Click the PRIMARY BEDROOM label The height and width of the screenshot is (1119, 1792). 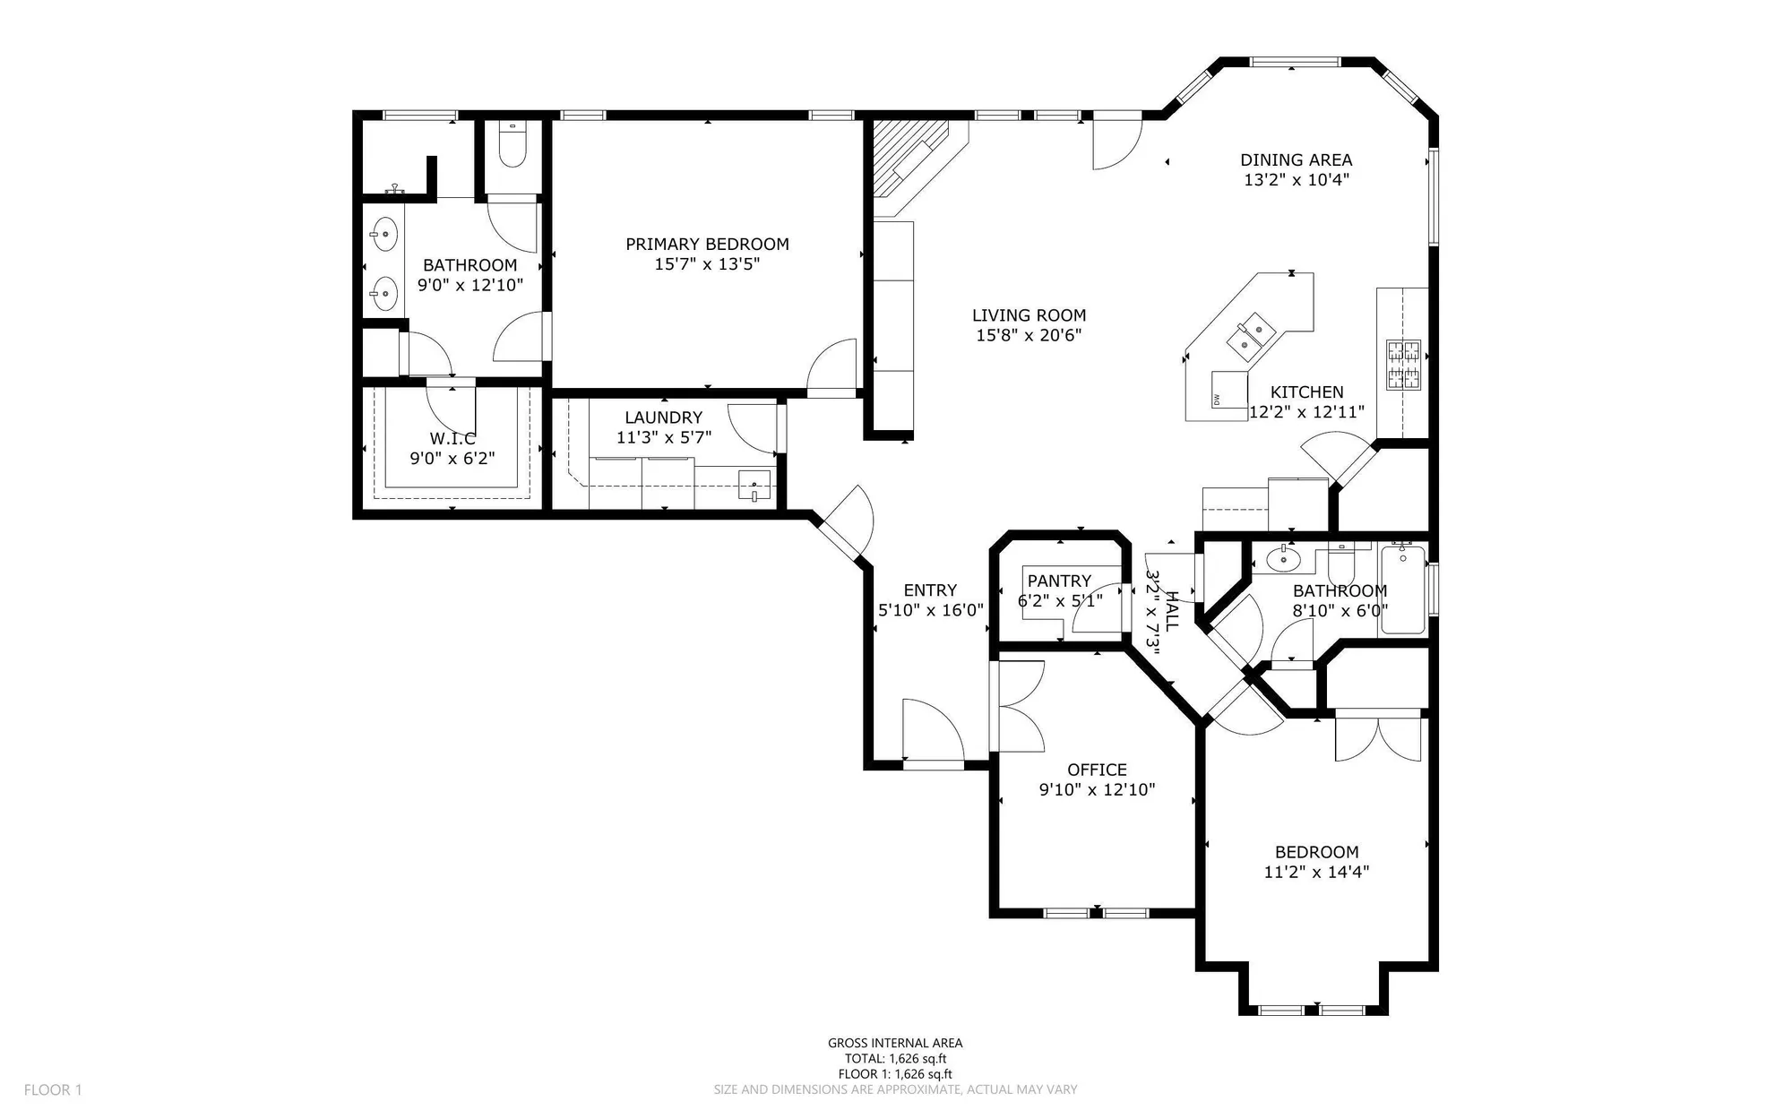[x=707, y=244]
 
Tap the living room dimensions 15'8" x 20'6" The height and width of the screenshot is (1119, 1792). [x=1029, y=335]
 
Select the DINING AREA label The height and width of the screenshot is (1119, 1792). [x=1296, y=159]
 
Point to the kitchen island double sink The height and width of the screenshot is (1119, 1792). [x=1253, y=333]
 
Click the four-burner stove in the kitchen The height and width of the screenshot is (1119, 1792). [x=1403, y=364]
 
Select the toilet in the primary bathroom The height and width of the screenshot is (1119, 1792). [x=512, y=149]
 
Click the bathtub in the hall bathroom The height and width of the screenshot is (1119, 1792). [x=1402, y=590]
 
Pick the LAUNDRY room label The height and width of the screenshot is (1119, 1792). [x=663, y=417]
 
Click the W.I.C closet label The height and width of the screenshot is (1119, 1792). [x=452, y=439]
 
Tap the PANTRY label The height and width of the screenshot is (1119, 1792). [x=1059, y=581]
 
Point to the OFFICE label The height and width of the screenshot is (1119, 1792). [x=1097, y=770]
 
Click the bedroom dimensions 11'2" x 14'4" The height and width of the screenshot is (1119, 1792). [x=1316, y=872]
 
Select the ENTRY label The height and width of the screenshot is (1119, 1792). [x=930, y=590]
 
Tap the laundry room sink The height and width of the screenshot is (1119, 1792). [x=754, y=485]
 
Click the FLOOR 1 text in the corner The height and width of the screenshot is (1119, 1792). [x=53, y=1089]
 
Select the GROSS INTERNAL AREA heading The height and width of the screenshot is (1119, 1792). [x=895, y=1043]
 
